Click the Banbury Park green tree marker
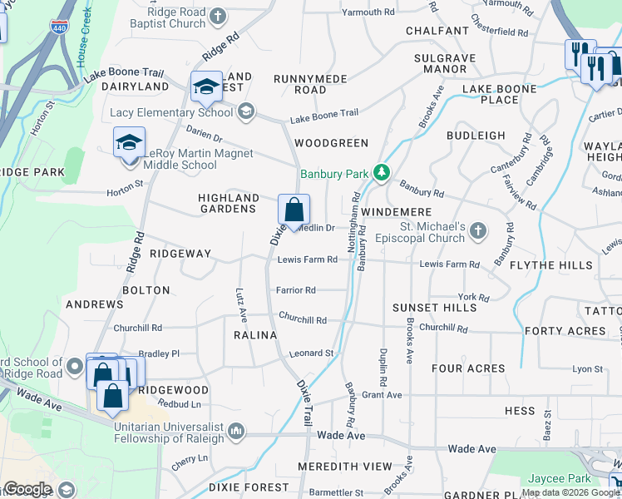point(382,173)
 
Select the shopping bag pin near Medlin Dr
point(294,212)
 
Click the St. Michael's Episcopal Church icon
point(477,230)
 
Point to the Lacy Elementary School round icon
point(244,111)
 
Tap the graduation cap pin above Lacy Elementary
point(206,86)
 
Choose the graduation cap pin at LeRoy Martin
point(129,143)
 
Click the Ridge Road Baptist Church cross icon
point(217,16)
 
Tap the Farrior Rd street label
point(297,290)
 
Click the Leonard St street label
point(311,353)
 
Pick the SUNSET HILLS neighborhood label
point(435,308)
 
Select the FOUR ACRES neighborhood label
point(468,368)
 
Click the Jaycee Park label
point(559,479)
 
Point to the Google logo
point(27,489)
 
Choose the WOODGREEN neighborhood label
point(331,143)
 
